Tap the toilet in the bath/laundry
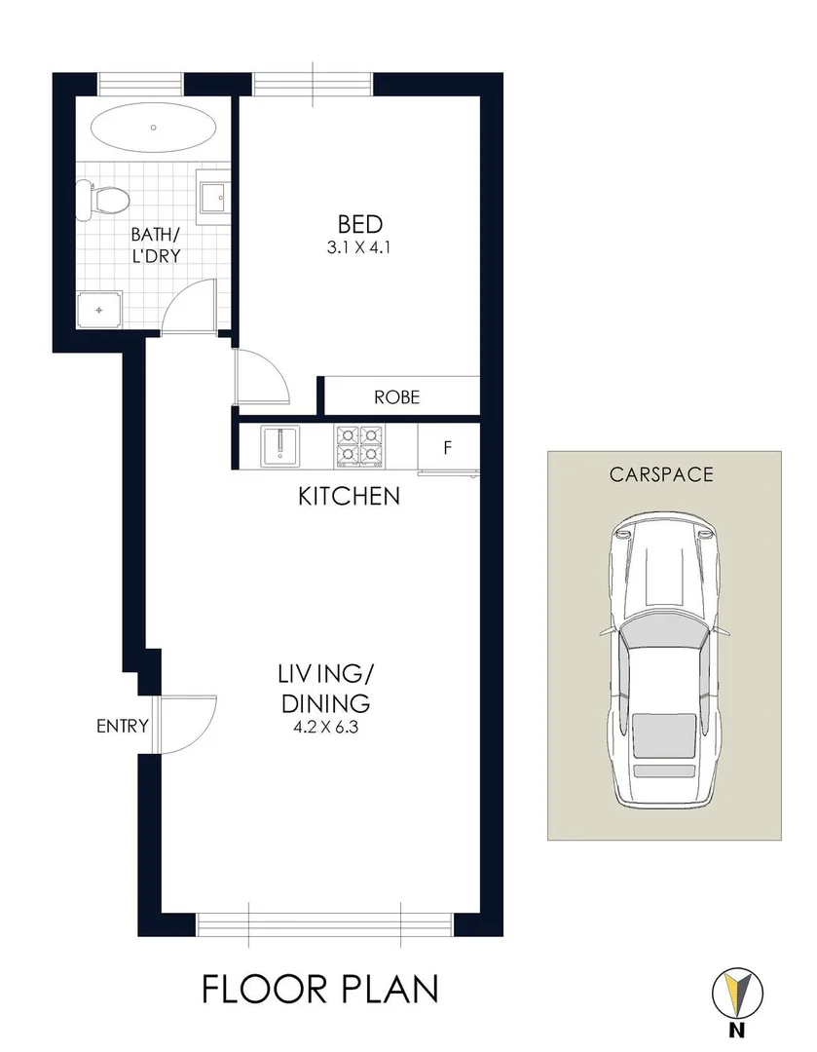click(x=105, y=200)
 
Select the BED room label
click(x=359, y=225)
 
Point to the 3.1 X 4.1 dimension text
click(x=359, y=247)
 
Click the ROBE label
click(x=396, y=397)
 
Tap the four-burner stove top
click(x=360, y=446)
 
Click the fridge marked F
click(x=447, y=448)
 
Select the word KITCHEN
click(x=349, y=497)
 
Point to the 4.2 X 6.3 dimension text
click(x=325, y=726)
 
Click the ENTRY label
click(x=122, y=726)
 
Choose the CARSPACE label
click(x=661, y=475)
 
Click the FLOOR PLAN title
click(x=320, y=989)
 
